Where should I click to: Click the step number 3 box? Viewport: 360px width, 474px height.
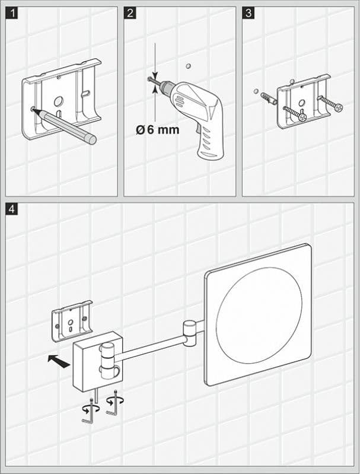(x=249, y=13)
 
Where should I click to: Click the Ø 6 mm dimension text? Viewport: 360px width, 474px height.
(x=157, y=130)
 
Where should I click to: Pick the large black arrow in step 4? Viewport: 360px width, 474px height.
(x=58, y=359)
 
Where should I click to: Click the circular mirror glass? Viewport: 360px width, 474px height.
(x=259, y=311)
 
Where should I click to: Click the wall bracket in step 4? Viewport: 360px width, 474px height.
(x=72, y=321)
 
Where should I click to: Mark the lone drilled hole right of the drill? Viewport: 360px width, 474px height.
(x=188, y=66)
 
